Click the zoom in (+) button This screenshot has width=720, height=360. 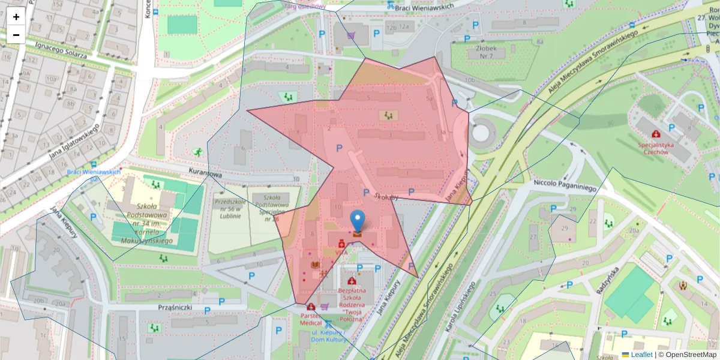coord(16,17)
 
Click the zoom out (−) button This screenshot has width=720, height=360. coord(16,35)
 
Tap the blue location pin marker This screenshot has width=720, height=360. coord(358,222)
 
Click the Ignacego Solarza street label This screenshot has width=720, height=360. coord(61,51)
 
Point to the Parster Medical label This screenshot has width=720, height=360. coord(315,319)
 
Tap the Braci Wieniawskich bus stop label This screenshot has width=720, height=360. coord(94,172)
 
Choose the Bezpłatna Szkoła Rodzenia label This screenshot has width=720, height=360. coord(352,298)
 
